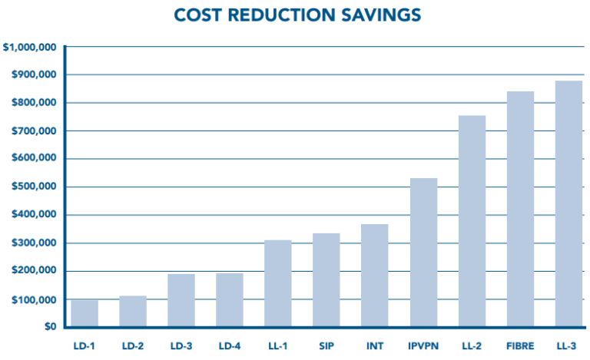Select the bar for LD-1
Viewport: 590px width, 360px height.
[85, 313]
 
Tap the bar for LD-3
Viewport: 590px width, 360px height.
[181, 300]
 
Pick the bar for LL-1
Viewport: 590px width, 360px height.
[278, 283]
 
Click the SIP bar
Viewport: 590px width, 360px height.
[326, 280]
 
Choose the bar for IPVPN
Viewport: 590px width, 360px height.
[423, 253]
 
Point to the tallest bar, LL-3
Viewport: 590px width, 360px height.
[568, 203]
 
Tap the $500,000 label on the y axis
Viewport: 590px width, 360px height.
[33, 187]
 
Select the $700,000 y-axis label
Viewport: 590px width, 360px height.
[33, 131]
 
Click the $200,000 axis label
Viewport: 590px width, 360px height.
[33, 272]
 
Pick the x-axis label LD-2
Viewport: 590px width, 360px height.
[133, 344]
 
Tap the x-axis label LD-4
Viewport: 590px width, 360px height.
[230, 344]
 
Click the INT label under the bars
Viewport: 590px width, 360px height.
[375, 344]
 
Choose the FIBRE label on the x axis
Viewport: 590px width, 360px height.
[520, 344]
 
